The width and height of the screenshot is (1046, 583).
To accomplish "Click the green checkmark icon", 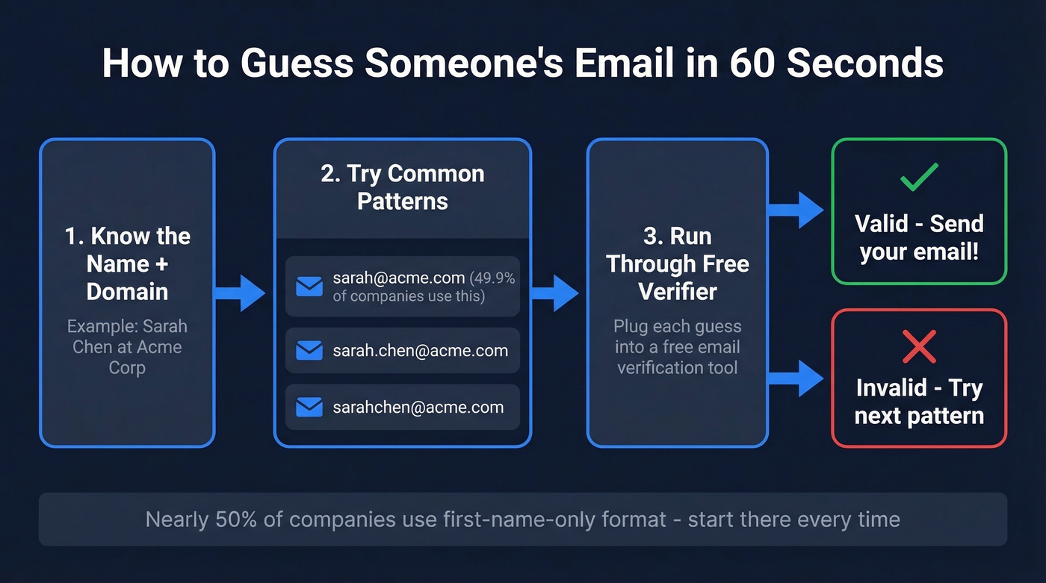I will coord(919,178).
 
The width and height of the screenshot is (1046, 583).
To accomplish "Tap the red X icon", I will coord(919,346).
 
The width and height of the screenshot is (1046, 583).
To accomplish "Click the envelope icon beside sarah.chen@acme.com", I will coord(309,351).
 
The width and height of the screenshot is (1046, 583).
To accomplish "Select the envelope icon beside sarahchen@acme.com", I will coord(309,408).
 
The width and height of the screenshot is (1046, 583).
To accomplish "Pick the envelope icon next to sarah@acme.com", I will coord(309,287).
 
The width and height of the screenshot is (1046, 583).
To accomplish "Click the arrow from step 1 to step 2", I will coord(241,293).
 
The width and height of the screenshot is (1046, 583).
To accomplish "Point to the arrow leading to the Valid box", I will coord(796,210).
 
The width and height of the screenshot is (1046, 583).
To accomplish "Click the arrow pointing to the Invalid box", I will coord(796,378).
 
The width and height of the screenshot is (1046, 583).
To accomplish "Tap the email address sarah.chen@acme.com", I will coord(421,351).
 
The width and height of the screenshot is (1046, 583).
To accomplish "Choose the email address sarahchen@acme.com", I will coord(418,408).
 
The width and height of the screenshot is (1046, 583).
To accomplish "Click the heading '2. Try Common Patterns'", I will coord(403,187).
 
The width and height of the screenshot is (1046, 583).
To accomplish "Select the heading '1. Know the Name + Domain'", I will coord(127,264).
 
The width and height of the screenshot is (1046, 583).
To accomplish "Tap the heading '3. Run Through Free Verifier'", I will coord(677,264).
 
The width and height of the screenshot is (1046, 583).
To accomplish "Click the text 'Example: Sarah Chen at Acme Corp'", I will coord(127,347).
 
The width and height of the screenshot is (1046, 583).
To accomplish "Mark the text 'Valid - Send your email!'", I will coord(919,237).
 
